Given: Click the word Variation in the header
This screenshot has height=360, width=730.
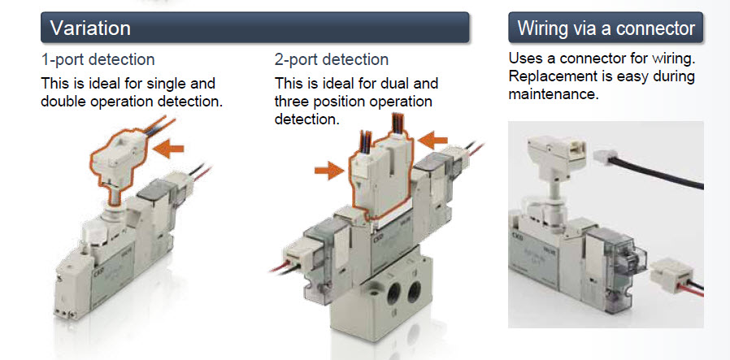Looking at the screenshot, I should click(90, 28).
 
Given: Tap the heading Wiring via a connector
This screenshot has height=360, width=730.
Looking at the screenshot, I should click(606, 28).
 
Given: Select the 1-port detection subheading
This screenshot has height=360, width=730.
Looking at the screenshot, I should click(98, 60).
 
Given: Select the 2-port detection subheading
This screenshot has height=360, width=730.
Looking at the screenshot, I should click(332, 60).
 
